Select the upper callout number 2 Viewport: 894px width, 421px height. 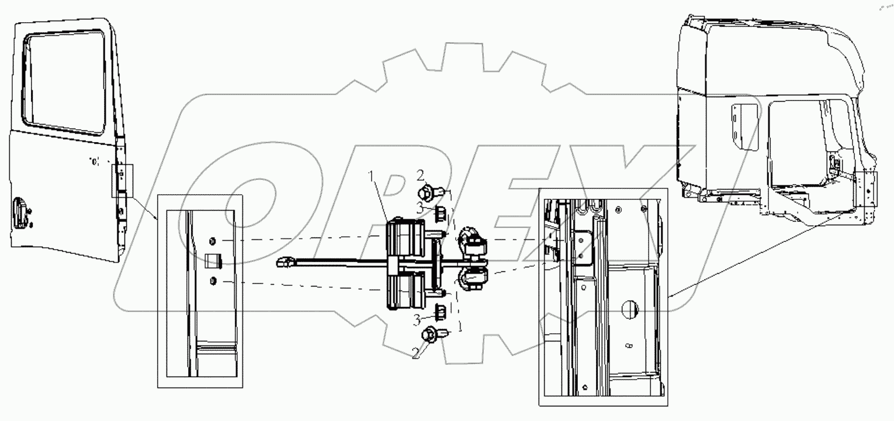click(420, 174)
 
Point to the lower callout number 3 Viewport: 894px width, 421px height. click(417, 319)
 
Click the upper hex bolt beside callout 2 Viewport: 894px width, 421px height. click(428, 191)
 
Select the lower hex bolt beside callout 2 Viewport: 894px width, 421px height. click(431, 335)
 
